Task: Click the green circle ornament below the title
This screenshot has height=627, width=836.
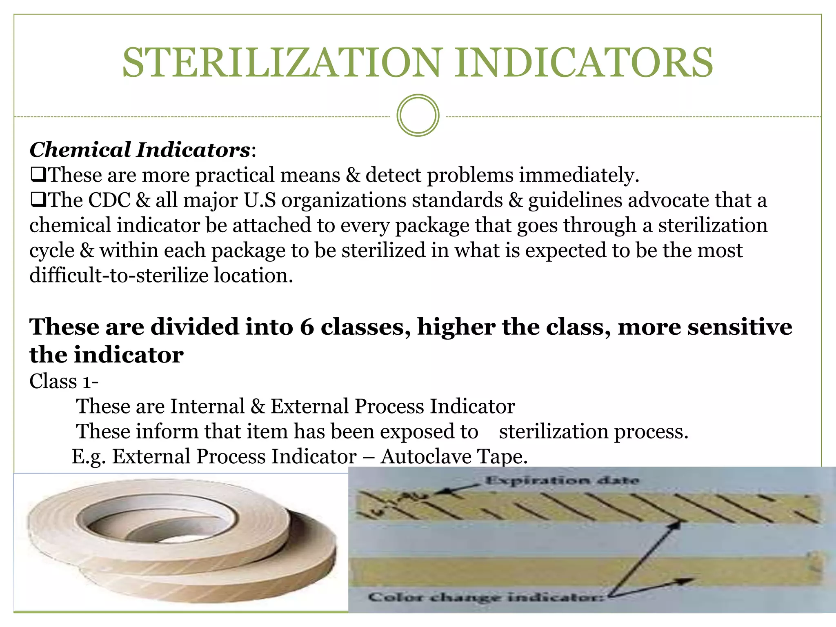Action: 418,116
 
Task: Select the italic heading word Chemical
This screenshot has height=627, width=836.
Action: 80,150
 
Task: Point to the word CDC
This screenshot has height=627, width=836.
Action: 109,200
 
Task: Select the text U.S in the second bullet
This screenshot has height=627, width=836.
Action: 260,200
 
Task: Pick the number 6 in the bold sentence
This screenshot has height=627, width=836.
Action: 307,327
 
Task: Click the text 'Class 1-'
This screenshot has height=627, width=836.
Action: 64,381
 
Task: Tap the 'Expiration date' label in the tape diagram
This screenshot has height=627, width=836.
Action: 562,480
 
